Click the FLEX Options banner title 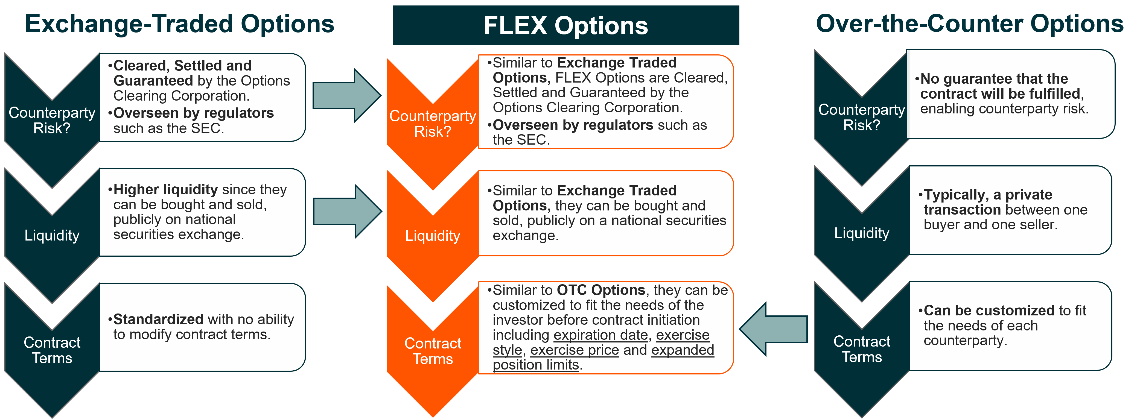[x=565, y=26]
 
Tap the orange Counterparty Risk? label [x=432, y=124]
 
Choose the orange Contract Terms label [x=432, y=351]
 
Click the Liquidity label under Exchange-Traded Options [x=52, y=235]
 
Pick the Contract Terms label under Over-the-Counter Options [x=862, y=349]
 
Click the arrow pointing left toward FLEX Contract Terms [x=773, y=329]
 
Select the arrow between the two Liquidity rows [x=347, y=212]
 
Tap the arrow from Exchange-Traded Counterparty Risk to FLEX [x=347, y=95]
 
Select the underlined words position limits [x=536, y=365]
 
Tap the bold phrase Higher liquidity [x=165, y=189]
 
